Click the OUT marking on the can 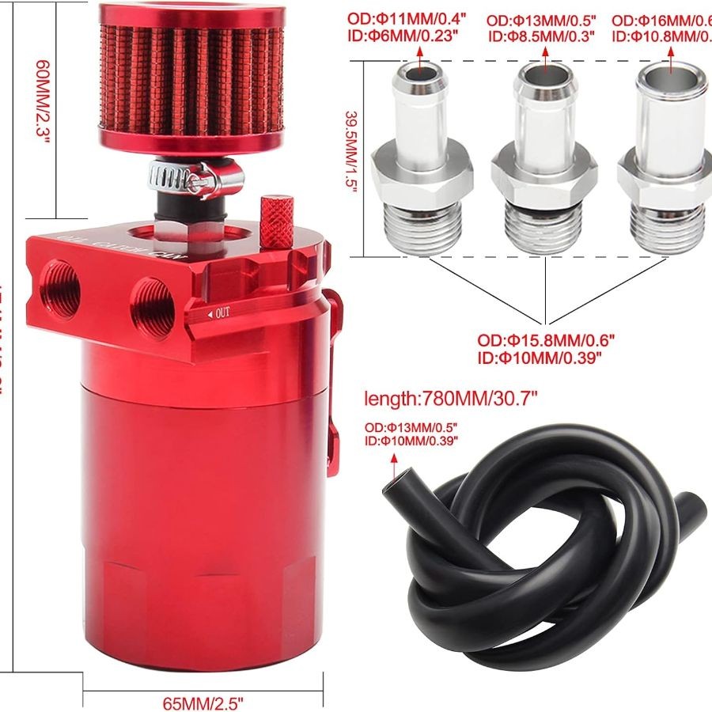coord(219,314)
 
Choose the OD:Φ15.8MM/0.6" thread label coord(545,341)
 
